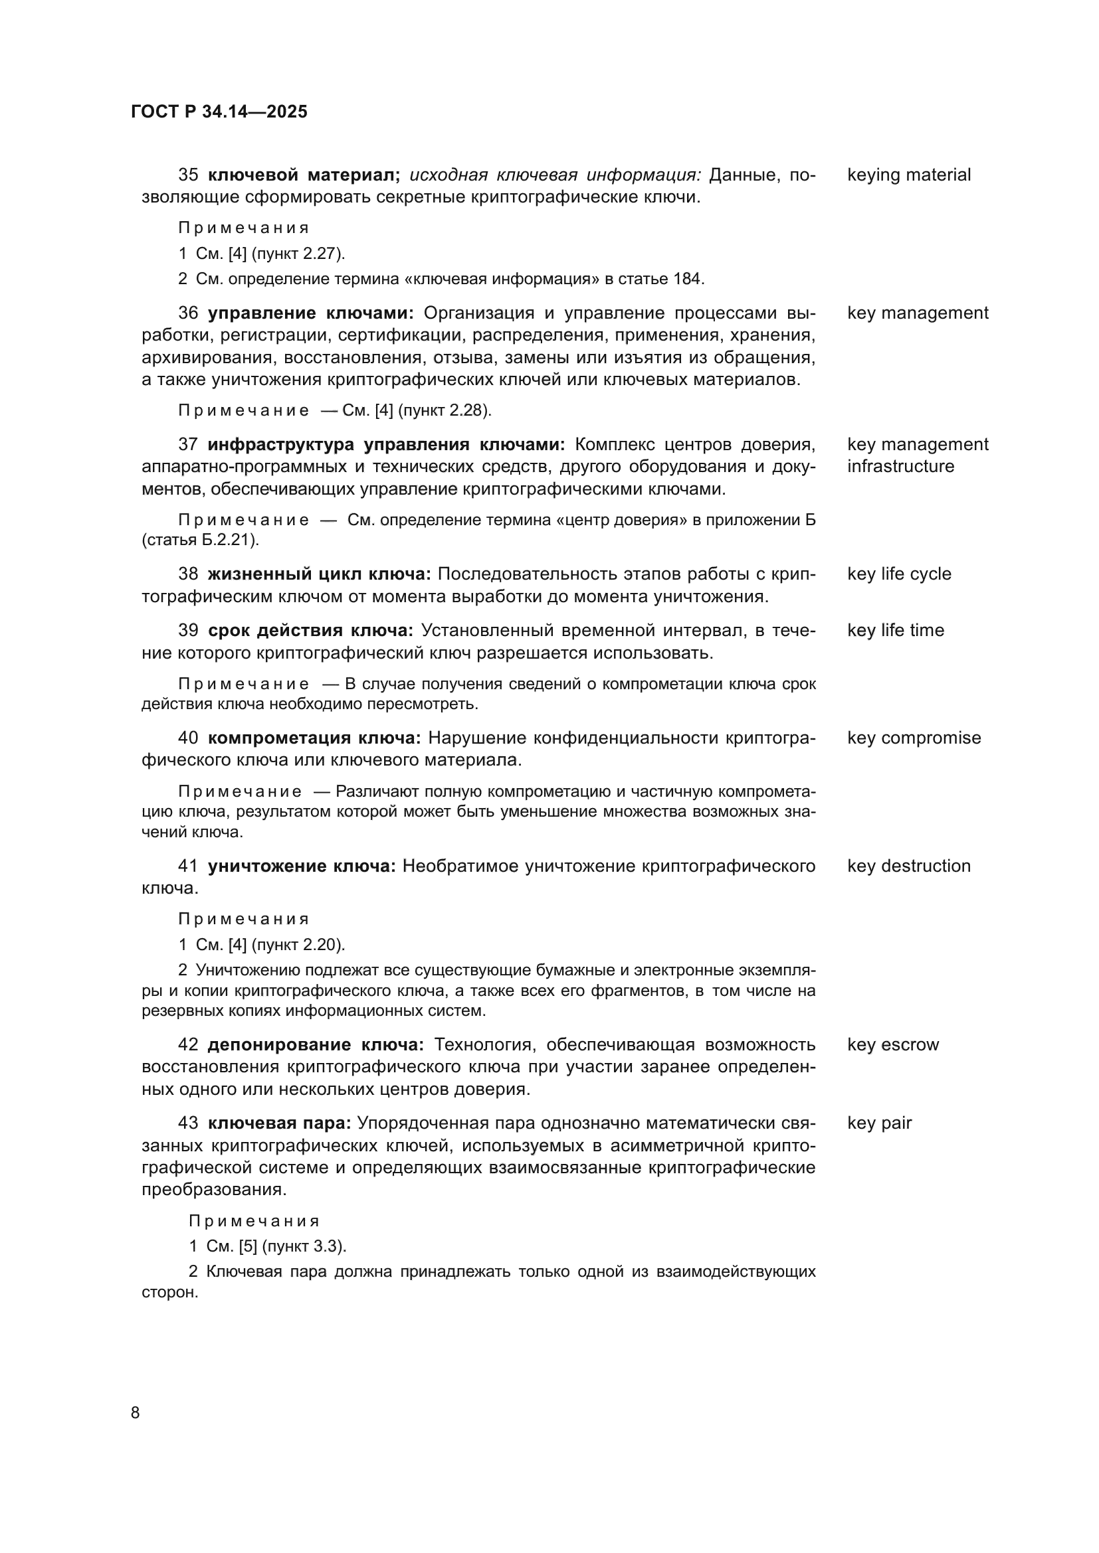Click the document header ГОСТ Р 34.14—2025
(x=219, y=112)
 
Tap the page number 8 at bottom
(x=136, y=1412)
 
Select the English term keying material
(x=908, y=175)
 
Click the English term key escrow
(x=892, y=1045)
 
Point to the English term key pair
(x=879, y=1123)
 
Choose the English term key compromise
(x=914, y=738)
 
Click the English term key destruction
(x=908, y=866)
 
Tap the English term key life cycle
(x=899, y=574)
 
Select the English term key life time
(x=894, y=630)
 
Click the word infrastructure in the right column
(x=900, y=467)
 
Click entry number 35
(x=188, y=175)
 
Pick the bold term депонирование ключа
(x=316, y=1045)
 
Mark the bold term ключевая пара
(x=279, y=1123)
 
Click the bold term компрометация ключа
(x=314, y=738)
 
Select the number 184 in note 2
(x=689, y=279)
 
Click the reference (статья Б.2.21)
(x=200, y=540)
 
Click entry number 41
(x=188, y=866)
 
